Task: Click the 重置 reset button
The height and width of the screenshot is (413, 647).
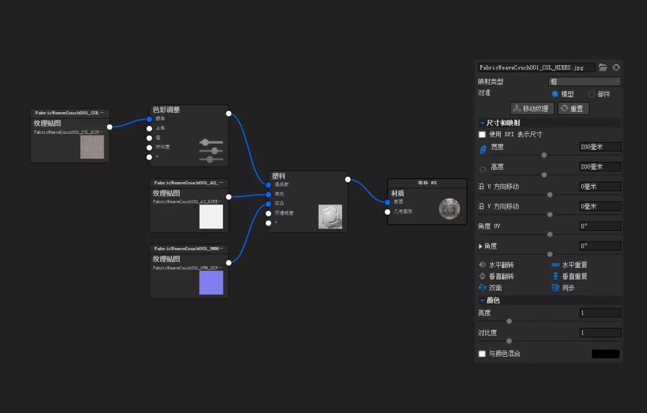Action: tap(573, 108)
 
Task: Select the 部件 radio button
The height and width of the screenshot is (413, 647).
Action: tap(591, 94)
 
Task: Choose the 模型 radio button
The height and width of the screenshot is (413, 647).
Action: tap(555, 94)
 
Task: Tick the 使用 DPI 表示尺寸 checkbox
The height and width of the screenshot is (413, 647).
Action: tap(482, 134)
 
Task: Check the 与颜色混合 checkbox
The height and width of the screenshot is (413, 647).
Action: tap(482, 354)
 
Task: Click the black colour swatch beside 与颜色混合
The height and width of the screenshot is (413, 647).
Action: tap(606, 354)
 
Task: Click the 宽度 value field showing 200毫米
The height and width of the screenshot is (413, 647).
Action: tap(600, 147)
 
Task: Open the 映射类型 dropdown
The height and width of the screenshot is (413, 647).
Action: tap(584, 82)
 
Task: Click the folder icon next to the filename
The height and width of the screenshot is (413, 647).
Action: tap(603, 68)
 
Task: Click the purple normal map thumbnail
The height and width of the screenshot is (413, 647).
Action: tap(211, 282)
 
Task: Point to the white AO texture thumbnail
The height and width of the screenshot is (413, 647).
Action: tap(211, 216)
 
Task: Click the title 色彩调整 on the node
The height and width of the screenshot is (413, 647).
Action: tap(167, 110)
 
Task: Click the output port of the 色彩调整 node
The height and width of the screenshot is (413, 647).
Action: tap(228, 113)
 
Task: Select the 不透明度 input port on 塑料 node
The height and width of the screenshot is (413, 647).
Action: tap(268, 213)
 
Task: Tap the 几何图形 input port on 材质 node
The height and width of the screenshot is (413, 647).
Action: tap(388, 212)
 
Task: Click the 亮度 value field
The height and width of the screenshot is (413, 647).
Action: tap(600, 313)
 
